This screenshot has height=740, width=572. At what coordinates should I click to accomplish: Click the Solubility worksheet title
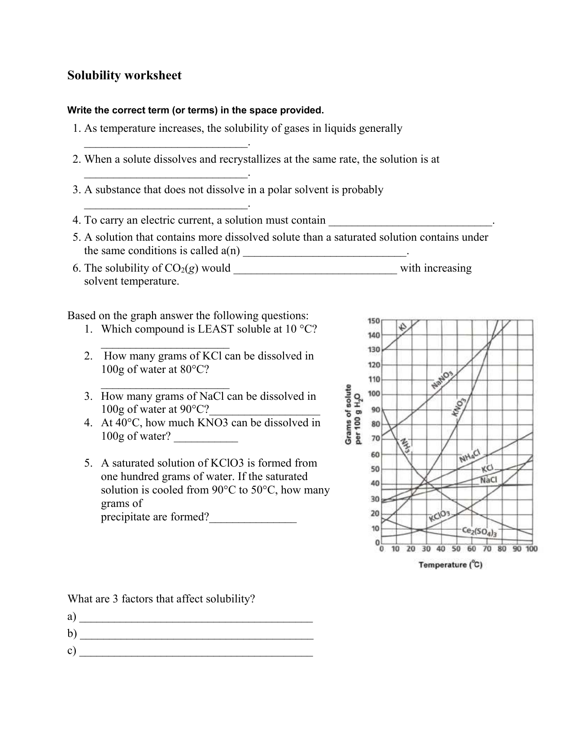point(124,75)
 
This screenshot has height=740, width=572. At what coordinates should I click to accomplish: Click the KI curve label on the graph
point(403,327)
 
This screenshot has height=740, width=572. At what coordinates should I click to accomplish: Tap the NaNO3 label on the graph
point(442,380)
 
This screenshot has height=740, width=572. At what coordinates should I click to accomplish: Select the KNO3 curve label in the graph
point(460,407)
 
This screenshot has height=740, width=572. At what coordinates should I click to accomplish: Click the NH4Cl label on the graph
point(470,457)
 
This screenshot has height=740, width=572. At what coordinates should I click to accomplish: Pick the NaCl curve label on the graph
point(488,480)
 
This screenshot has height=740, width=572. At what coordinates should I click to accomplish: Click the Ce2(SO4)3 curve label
point(479,532)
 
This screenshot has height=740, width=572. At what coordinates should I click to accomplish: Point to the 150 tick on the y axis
point(374,321)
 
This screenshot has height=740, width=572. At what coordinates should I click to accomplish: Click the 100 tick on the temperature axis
point(531,549)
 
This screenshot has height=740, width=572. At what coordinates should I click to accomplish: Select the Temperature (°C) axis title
point(450,565)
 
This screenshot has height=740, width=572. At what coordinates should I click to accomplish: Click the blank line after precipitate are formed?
point(253,518)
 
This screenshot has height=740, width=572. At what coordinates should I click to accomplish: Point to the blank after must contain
point(410,221)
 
